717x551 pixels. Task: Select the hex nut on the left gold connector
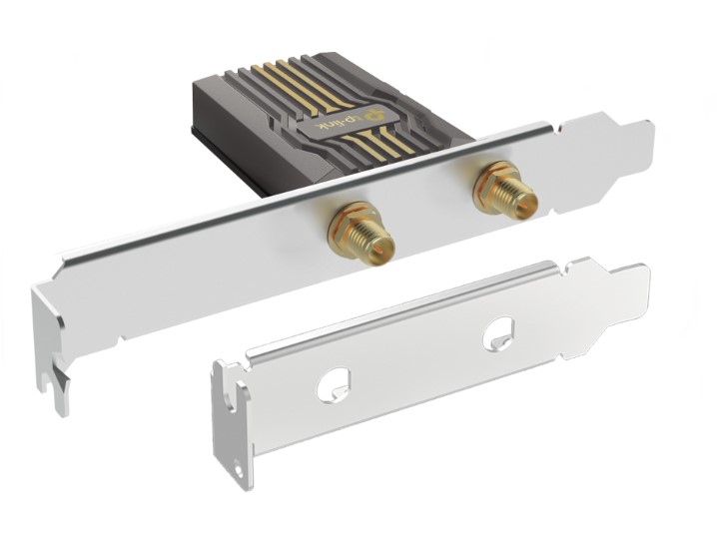click(348, 224)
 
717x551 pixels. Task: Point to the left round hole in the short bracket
click(335, 385)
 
